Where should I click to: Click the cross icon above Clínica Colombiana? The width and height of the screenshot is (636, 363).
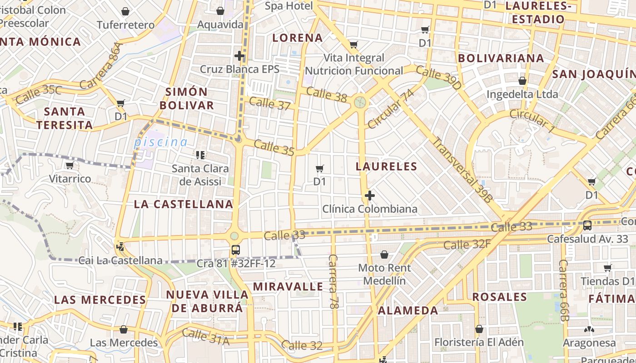click(x=370, y=196)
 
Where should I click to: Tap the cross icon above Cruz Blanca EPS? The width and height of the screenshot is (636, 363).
click(x=239, y=56)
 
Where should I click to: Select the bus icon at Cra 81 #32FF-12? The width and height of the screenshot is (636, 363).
click(x=235, y=250)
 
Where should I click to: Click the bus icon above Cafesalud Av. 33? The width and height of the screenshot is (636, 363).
click(x=587, y=225)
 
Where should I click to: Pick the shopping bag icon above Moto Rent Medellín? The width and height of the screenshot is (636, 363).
click(x=384, y=255)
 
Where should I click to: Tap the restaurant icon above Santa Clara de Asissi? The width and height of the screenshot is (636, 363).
click(x=200, y=155)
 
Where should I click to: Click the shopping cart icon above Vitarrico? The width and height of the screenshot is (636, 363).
click(x=70, y=166)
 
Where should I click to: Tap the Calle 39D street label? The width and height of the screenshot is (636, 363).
click(x=438, y=77)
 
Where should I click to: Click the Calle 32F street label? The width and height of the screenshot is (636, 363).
click(x=467, y=245)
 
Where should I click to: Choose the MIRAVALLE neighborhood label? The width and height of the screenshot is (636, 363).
click(x=288, y=287)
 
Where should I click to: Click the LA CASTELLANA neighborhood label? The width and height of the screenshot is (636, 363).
click(x=184, y=204)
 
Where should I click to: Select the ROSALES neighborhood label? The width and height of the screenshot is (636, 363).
click(x=500, y=297)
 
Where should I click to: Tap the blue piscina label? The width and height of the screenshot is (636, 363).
click(x=161, y=142)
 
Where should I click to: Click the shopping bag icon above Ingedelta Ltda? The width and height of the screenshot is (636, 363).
click(x=522, y=81)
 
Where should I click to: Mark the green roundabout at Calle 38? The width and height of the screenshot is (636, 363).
click(x=360, y=102)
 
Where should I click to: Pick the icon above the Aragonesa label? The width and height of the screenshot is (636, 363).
click(x=589, y=329)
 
